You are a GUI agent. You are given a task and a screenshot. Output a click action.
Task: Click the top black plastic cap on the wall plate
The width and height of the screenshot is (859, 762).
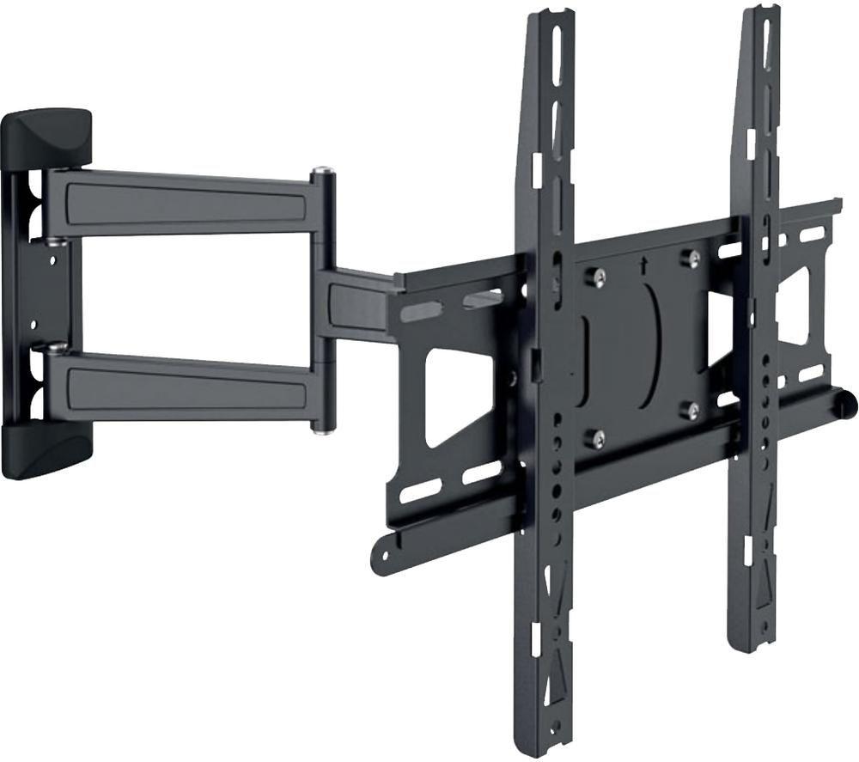pos(47,136)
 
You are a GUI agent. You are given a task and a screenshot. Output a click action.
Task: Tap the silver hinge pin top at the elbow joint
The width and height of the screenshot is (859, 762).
pos(323,172)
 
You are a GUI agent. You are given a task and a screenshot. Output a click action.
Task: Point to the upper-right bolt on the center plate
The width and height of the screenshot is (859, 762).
pos(689,258)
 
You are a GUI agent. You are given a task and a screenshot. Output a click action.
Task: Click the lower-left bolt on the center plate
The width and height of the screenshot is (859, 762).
pos(596,439)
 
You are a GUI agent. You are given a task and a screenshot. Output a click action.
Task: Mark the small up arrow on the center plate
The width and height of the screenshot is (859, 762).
pos(643,265)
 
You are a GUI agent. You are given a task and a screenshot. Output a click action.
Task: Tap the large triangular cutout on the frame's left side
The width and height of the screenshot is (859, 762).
pos(455,395)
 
